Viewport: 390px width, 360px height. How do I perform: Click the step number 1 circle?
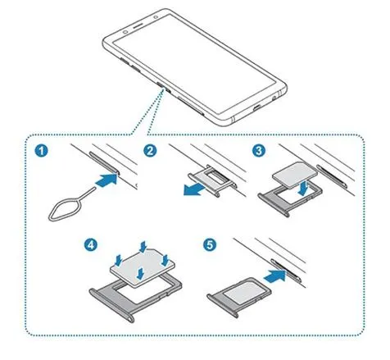[x=41, y=151]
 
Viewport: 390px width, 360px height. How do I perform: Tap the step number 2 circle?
[x=150, y=151]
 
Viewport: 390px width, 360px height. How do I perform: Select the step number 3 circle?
[x=258, y=151]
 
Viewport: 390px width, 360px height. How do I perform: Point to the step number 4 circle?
[x=90, y=244]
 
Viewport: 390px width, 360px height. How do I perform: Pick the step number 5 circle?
[x=210, y=244]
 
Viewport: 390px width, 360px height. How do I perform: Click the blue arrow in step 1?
[x=107, y=180]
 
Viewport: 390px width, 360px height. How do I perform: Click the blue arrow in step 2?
[x=195, y=189]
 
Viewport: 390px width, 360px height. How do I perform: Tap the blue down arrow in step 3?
[x=303, y=188]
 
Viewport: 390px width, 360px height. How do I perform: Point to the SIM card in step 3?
[x=295, y=175]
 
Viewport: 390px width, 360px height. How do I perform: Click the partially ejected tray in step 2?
[x=211, y=180]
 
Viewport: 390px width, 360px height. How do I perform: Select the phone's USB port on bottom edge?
[x=258, y=107]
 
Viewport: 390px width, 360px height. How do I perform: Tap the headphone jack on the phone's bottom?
[x=274, y=97]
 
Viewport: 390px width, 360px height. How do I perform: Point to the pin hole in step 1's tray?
[x=117, y=172]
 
